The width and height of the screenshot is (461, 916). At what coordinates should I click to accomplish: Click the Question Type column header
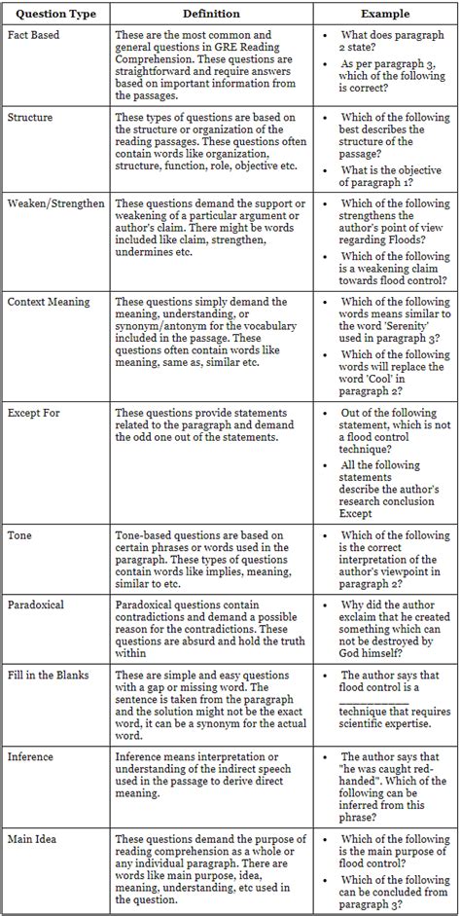(54, 14)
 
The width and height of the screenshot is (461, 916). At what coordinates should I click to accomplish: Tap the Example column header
(385, 14)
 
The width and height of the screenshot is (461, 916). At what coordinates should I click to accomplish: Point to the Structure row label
(31, 117)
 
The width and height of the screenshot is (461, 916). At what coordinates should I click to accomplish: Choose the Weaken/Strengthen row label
(56, 203)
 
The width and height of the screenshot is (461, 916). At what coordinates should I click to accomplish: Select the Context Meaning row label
(49, 302)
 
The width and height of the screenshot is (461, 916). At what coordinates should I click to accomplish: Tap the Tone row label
(19, 535)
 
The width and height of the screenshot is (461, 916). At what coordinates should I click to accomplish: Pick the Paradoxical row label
(36, 605)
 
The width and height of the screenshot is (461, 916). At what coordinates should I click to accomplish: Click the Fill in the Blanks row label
(53, 674)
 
